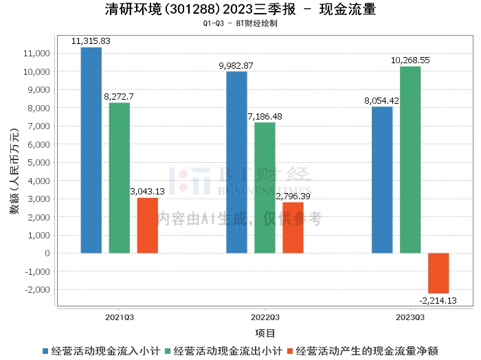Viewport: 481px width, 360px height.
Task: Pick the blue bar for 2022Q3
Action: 236,162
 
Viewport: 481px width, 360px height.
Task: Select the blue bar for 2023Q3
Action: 382,180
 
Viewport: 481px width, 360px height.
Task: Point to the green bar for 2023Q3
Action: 410,159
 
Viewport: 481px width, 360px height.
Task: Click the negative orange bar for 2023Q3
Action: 438,273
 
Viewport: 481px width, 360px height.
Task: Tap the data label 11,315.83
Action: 91,41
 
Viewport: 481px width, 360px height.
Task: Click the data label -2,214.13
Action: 438,300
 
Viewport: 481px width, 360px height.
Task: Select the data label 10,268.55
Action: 410,60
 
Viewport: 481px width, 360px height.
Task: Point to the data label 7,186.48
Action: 265,117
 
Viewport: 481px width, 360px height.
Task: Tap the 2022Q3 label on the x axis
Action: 265,317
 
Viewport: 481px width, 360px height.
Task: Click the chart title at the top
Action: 240,10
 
